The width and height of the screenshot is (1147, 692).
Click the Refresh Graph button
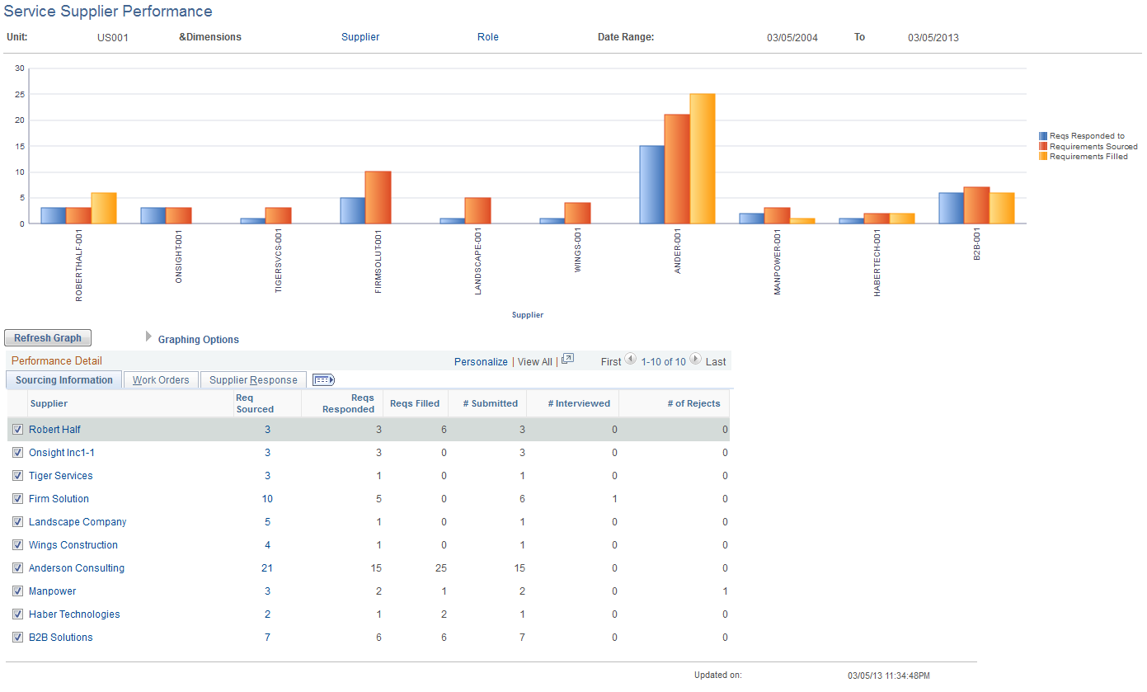48,338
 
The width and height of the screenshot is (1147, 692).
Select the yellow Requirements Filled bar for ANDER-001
703,158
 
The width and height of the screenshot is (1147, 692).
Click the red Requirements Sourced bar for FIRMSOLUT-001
378,197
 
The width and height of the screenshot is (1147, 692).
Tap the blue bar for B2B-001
951,208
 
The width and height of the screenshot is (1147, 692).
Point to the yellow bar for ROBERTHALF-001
104,208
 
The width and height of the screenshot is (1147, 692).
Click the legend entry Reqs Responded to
1086,136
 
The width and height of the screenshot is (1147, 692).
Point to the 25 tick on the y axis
20,95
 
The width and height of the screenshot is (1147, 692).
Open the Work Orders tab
161,380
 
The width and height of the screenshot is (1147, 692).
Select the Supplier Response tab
253,380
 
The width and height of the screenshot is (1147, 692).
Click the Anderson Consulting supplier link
77,568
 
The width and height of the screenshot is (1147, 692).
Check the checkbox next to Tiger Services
17,476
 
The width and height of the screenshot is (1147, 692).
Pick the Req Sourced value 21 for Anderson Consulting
266,568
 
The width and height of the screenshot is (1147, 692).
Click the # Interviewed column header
579,403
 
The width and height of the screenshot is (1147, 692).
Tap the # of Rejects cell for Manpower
724,591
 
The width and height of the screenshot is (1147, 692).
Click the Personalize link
481,362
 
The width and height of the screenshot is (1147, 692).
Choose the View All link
534,362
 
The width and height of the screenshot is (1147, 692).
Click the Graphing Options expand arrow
149,337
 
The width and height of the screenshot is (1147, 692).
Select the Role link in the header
487,37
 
